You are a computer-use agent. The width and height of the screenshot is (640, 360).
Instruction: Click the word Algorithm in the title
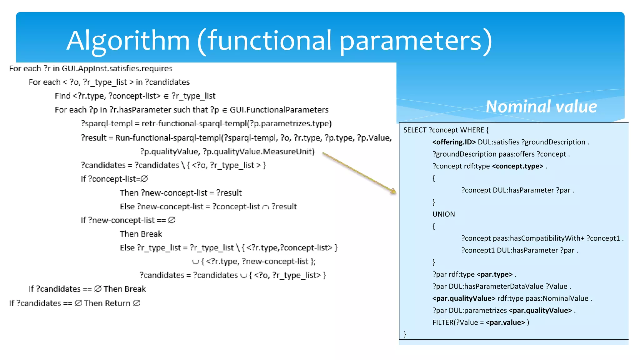coord(128,41)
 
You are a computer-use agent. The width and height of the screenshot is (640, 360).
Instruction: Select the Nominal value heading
coord(541,107)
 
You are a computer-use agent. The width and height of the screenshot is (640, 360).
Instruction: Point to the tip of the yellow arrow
coord(396,192)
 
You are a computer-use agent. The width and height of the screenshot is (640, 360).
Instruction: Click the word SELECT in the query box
coord(415,130)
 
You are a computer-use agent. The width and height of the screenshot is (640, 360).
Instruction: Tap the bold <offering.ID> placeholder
coord(454,142)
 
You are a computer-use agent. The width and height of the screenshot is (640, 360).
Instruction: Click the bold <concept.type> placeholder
coord(517,166)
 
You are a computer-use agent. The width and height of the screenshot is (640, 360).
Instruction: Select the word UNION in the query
coord(443,214)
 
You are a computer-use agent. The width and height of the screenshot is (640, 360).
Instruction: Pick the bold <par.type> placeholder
coord(494,274)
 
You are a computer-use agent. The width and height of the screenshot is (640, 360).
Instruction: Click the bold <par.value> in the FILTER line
coord(505,322)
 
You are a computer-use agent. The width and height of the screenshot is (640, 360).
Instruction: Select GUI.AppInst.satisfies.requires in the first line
coord(117,68)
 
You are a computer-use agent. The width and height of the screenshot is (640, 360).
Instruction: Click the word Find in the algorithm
coord(62,96)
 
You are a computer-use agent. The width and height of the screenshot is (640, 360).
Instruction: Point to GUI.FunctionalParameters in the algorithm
coord(279,110)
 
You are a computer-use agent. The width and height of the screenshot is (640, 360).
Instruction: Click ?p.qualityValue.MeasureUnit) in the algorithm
coord(258,152)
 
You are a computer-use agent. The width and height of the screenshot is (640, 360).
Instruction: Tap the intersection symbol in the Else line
coord(266,207)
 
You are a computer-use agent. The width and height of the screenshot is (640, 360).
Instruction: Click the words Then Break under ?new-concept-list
coord(141,234)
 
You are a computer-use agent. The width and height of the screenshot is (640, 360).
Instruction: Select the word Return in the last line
coord(117,303)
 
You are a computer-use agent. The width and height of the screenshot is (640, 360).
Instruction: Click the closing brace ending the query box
coord(405,334)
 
